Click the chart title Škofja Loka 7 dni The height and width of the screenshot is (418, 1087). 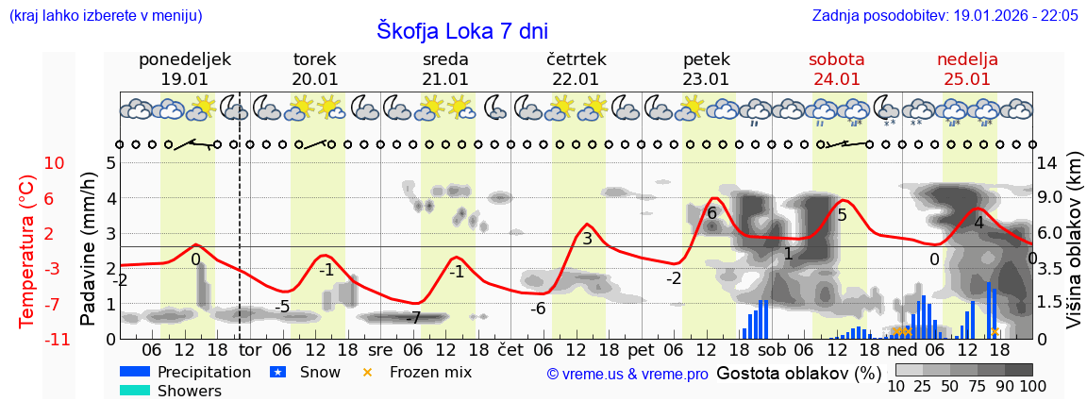tap(461, 30)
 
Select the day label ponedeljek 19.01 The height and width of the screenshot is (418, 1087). tap(184, 69)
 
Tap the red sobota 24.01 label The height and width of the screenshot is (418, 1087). tap(836, 69)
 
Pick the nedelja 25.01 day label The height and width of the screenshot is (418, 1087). tap(967, 69)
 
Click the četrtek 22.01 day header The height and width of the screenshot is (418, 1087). tap(576, 69)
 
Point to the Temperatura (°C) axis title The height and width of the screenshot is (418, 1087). tap(27, 250)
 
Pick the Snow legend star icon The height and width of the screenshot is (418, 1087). tap(278, 372)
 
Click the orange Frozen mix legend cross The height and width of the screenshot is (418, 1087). tap(368, 372)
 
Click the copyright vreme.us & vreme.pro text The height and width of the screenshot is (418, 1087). tap(627, 374)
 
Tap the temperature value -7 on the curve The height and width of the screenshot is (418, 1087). tap(412, 318)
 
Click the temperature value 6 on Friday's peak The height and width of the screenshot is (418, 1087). tap(711, 213)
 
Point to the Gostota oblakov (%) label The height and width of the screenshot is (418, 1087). tap(798, 373)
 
